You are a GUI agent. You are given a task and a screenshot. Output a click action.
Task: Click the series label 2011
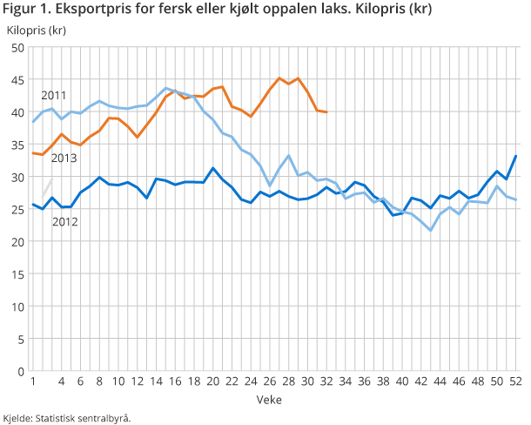[x=53, y=95]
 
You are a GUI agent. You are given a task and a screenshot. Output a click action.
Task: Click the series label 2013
[x=63, y=159]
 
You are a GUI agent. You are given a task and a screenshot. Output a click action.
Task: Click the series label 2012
[x=64, y=222]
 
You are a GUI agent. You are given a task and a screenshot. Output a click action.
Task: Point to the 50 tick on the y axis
[x=17, y=48]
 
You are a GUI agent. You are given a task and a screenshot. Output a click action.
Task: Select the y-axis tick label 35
[x=17, y=145]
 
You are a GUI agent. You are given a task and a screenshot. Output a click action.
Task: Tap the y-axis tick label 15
[x=17, y=274]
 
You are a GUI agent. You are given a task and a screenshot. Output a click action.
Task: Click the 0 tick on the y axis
[x=20, y=371]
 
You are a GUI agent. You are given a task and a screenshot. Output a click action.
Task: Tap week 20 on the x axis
[x=212, y=382]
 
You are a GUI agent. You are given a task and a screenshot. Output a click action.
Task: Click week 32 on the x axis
[x=326, y=382]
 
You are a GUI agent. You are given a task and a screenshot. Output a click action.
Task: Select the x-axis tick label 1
[x=33, y=382]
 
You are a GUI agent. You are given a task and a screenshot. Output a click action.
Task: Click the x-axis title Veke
[x=268, y=399]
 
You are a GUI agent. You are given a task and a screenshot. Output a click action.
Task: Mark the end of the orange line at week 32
[x=326, y=112]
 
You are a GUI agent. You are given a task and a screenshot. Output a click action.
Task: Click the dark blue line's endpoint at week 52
[x=516, y=156]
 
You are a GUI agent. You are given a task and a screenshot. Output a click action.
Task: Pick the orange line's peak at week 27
[x=279, y=78]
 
